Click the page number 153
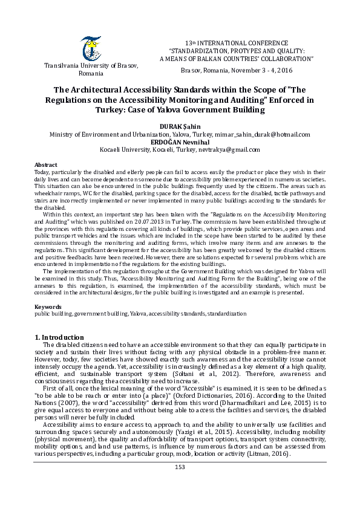(180, 484)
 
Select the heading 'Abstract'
(46, 164)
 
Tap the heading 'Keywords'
(48, 307)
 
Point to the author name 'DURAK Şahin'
(180, 126)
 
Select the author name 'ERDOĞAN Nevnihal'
(180, 141)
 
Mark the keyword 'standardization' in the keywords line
(226, 314)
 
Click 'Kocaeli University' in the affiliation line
(125, 149)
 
